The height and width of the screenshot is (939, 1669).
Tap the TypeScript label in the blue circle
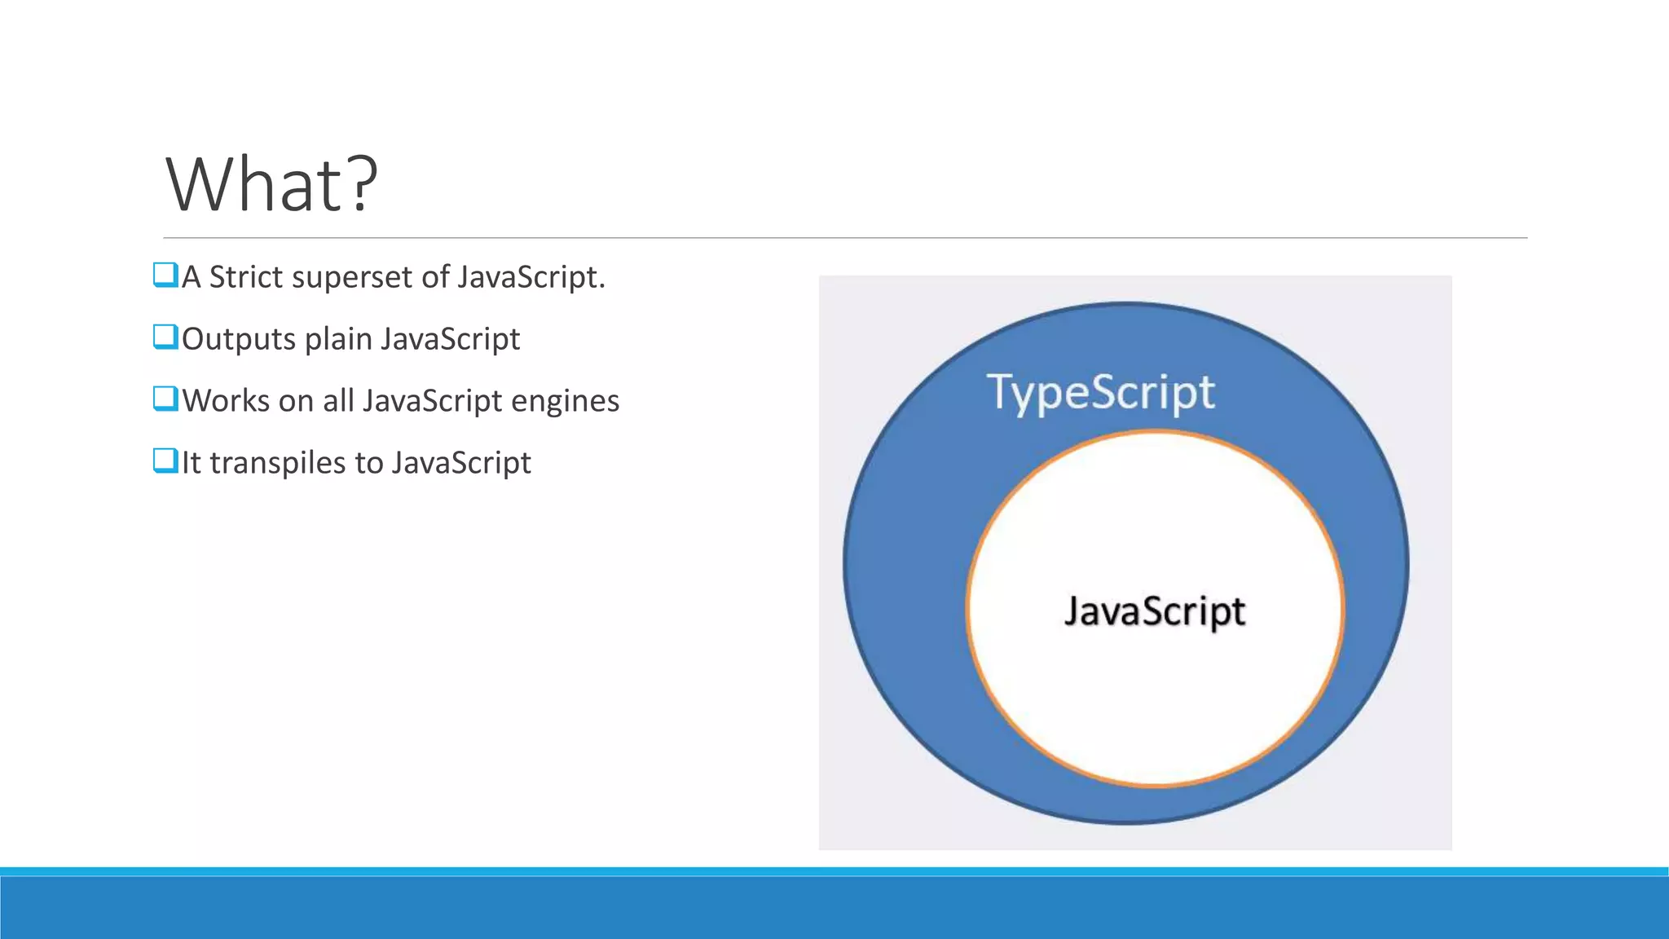pyautogui.click(x=1100, y=393)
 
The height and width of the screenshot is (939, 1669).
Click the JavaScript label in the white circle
pyautogui.click(x=1154, y=611)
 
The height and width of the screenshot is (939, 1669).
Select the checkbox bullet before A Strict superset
pyautogui.click(x=165, y=275)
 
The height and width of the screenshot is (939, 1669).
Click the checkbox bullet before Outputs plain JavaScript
pyautogui.click(x=165, y=337)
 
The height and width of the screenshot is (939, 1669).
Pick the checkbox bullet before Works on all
pyautogui.click(x=165, y=399)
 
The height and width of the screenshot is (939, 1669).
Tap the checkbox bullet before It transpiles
pyautogui.click(x=165, y=461)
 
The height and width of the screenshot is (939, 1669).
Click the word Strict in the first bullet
pyautogui.click(x=245, y=277)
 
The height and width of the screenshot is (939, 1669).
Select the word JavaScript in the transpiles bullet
pyautogui.click(x=460, y=463)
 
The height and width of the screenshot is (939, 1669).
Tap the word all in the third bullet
pyautogui.click(x=338, y=401)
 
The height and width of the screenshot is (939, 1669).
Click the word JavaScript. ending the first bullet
pyautogui.click(x=531, y=277)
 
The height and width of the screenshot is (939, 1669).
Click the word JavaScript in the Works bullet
pyautogui.click(x=432, y=401)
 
